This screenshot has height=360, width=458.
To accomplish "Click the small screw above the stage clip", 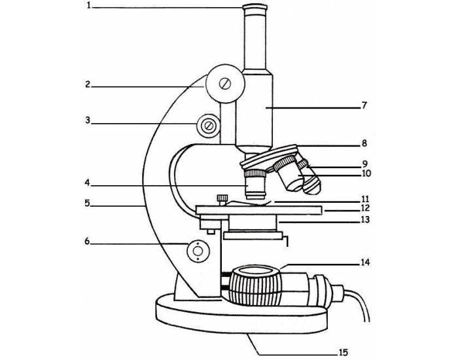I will [x=222, y=197].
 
